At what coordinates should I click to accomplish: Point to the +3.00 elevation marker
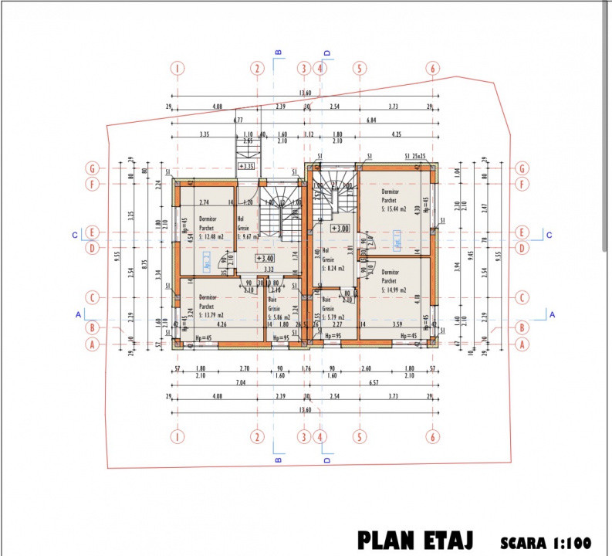pos(340,229)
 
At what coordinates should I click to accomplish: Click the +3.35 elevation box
pos(246,166)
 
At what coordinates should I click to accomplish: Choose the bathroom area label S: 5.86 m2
pos(279,317)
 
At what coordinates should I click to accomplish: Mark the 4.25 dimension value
pos(396,134)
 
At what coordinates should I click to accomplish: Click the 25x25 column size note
pos(420,157)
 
